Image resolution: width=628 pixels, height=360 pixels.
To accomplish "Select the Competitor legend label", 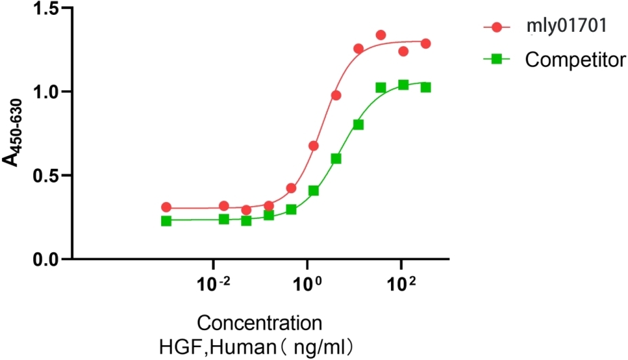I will pos(575,60).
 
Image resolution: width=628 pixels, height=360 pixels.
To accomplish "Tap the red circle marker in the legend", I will pos(497,28).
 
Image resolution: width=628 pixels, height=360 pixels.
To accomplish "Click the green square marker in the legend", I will pos(497,60).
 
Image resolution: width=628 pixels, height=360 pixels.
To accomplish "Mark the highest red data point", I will pos(381,35).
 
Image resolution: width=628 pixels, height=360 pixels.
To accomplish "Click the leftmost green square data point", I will pos(167,221).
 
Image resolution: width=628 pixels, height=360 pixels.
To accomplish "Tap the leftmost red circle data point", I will pos(167,207).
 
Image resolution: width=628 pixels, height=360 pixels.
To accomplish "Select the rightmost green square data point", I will pos(426,87).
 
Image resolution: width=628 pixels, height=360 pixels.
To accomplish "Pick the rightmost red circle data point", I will pos(426,43).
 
